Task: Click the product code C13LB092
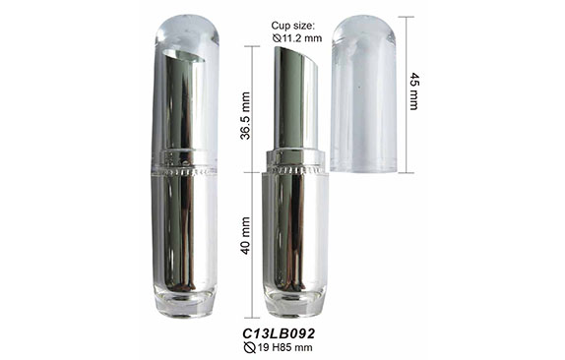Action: [x=279, y=333]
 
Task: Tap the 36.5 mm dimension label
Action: [x=245, y=116]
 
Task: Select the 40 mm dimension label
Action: [x=245, y=235]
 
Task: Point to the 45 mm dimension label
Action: [x=414, y=91]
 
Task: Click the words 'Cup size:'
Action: [x=293, y=26]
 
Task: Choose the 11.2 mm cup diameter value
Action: [x=302, y=37]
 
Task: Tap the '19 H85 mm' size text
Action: [x=284, y=348]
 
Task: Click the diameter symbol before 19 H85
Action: [x=249, y=348]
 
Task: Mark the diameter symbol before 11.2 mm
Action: [x=277, y=37]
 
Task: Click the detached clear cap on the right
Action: [x=363, y=93]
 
